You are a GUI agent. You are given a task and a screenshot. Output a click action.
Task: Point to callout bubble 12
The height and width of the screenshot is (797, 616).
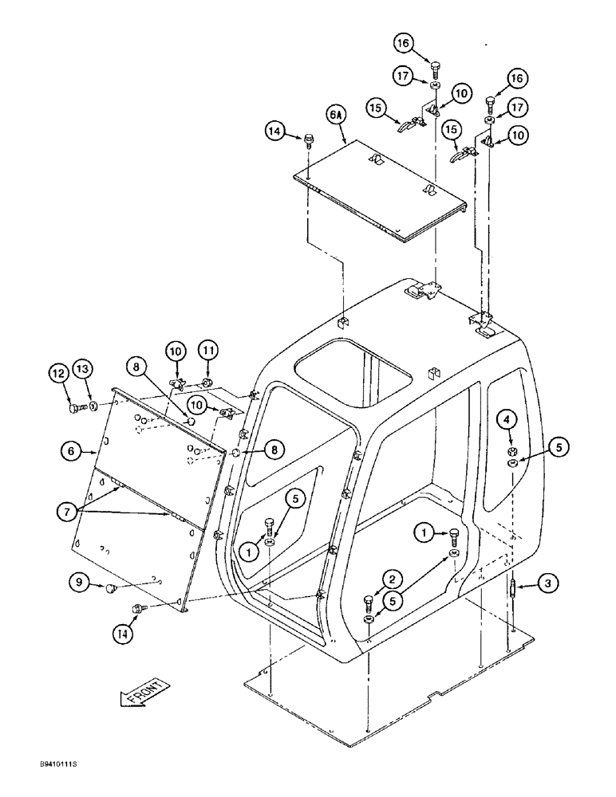pyautogui.click(x=58, y=371)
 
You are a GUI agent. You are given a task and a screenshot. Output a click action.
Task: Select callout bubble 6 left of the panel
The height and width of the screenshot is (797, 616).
pyautogui.click(x=70, y=450)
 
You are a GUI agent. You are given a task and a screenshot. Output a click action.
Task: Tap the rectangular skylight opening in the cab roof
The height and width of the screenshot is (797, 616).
pyautogui.click(x=353, y=380)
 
